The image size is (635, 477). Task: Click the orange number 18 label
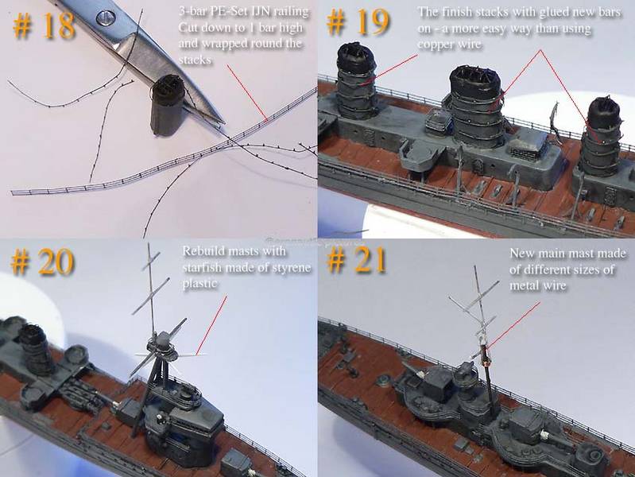(x=44, y=25)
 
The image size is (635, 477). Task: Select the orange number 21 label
(x=356, y=260)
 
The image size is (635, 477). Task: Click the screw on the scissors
(x=106, y=17)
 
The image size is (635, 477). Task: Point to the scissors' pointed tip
(x=223, y=122)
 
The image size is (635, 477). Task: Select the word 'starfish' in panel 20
(x=202, y=267)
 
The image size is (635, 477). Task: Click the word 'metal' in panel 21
(x=523, y=285)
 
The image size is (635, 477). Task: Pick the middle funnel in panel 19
(x=477, y=105)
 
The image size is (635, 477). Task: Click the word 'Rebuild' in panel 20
(x=203, y=251)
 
